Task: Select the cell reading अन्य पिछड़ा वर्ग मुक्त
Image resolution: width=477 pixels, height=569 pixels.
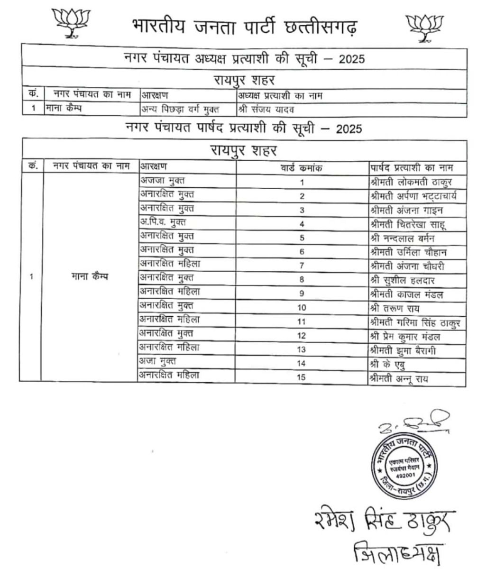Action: click(180, 110)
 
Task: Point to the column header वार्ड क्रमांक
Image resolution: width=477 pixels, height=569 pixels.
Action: click(302, 168)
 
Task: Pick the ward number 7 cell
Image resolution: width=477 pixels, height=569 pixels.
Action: click(302, 266)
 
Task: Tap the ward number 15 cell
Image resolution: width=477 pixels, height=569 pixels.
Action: click(302, 377)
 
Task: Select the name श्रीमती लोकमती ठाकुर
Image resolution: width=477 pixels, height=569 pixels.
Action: click(411, 182)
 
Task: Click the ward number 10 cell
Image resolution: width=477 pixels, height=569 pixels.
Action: click(302, 308)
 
